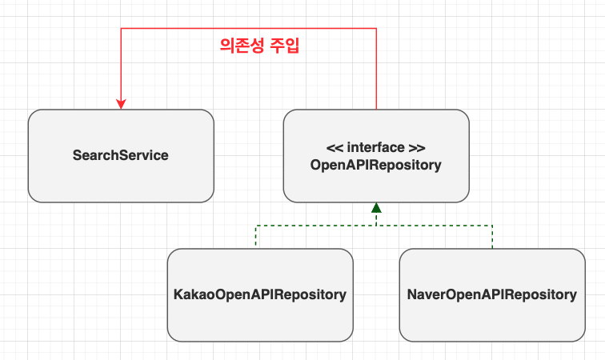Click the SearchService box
click(121, 155)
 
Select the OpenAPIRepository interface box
click(376, 155)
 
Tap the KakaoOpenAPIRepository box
click(260, 294)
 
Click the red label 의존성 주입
click(259, 46)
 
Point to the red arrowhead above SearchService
click(121, 104)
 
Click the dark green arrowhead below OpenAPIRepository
click(376, 207)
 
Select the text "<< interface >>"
click(376, 148)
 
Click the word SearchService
click(121, 155)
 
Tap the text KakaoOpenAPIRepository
click(260, 294)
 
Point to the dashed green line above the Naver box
click(492, 237)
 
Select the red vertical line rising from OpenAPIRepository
click(376, 72)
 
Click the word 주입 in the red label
click(286, 46)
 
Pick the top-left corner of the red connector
click(121, 29)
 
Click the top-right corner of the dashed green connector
click(492, 226)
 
